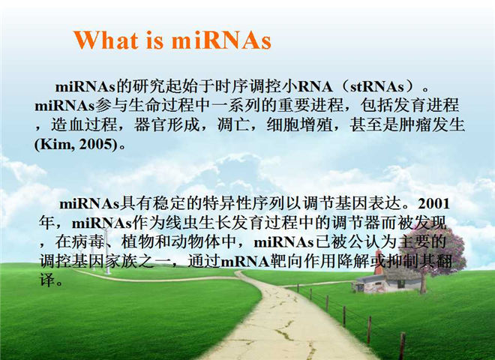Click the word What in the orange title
(106, 40)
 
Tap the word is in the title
(155, 40)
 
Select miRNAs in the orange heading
(221, 40)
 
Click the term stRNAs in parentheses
(377, 87)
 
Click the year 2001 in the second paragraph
(433, 204)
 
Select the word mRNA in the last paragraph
(245, 262)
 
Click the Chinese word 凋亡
(233, 124)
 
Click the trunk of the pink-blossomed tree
(423, 282)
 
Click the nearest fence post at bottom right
(402, 346)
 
